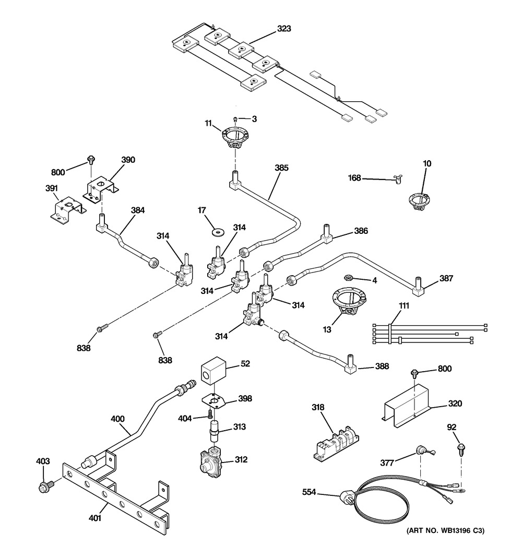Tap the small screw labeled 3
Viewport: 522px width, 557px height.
click(235, 119)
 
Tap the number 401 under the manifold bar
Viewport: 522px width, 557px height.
click(94, 518)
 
